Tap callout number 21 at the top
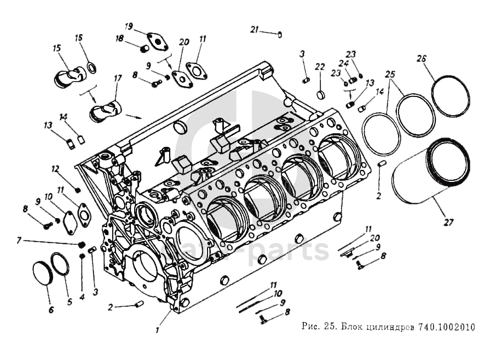[254, 29]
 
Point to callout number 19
[129, 26]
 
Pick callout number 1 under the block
[158, 330]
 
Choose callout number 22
[320, 66]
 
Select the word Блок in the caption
[353, 328]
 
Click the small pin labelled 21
[280, 35]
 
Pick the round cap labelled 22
[322, 94]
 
